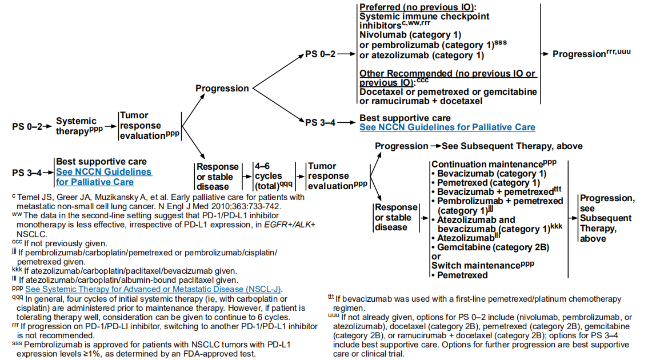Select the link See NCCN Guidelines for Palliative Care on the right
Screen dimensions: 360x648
tap(447, 127)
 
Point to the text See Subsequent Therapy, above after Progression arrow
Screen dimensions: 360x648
tap(513, 146)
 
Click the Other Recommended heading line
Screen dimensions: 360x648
tap(447, 73)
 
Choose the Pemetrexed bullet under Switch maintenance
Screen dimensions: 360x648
tap(462, 275)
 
